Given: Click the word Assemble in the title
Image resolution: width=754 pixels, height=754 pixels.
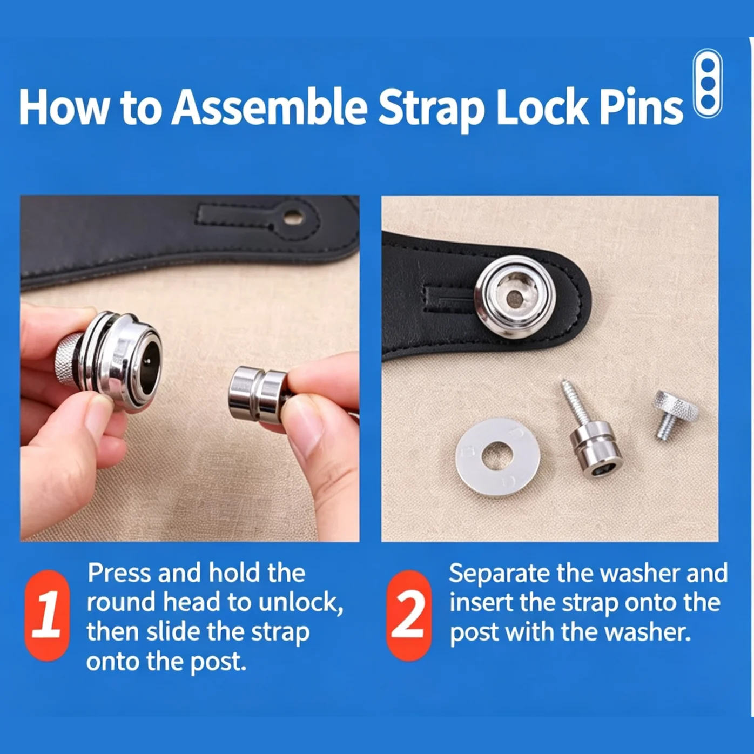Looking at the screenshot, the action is point(270,107).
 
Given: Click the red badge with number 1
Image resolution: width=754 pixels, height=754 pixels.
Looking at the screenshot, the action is point(47,616).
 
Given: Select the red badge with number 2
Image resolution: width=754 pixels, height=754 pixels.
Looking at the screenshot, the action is point(409,616).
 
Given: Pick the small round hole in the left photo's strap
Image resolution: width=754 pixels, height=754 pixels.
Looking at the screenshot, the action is point(293,217).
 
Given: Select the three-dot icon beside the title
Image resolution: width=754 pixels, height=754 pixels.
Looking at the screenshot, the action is point(708,83).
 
